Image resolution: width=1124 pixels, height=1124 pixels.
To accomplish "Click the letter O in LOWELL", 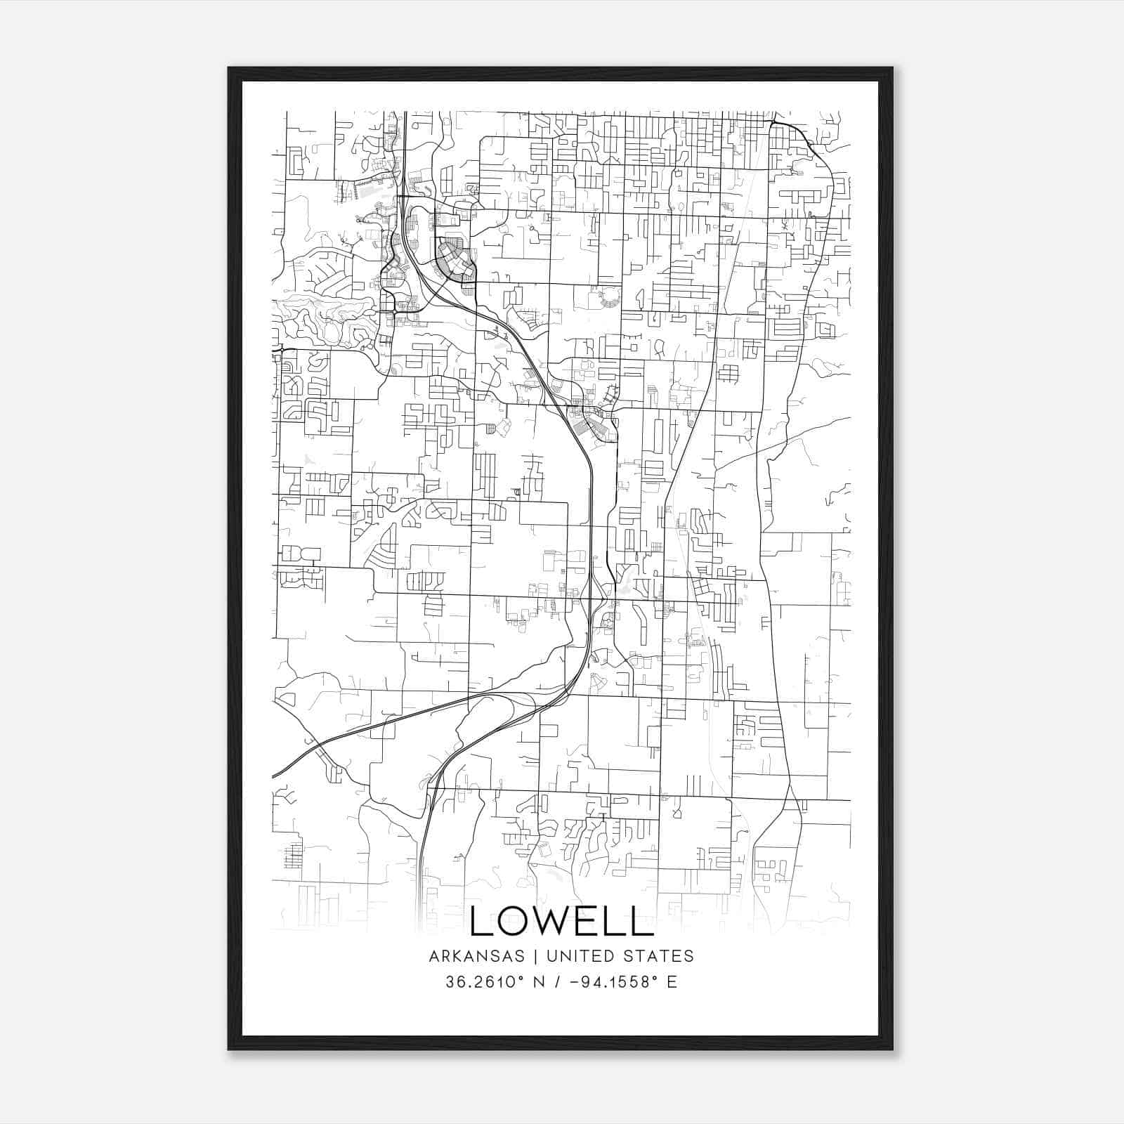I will pos(511,920).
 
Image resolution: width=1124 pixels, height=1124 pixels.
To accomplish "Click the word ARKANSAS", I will pos(476,956).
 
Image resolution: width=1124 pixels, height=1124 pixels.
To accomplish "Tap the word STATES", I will pos(658,956).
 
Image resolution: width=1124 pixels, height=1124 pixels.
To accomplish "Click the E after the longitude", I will pos(672,982).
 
